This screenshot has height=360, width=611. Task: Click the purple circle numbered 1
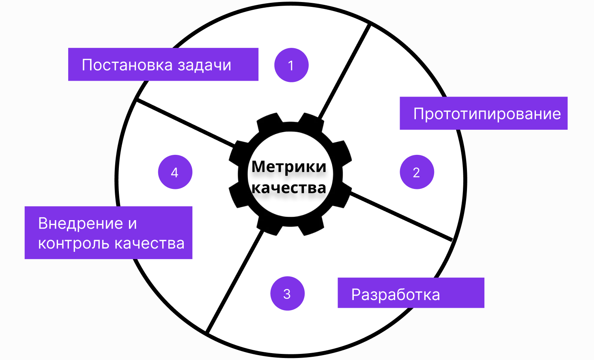tap(291, 65)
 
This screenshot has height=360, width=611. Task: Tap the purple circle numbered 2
tap(417, 172)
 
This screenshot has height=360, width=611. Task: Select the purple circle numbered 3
tap(287, 294)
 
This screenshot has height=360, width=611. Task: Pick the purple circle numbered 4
tap(175, 172)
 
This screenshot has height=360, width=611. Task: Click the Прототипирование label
tap(487, 114)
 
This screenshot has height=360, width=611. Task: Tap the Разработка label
tap(396, 294)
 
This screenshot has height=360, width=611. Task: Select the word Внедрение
tap(80, 223)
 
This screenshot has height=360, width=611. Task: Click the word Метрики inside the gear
tap(289, 167)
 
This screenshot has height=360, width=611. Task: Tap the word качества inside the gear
tap(289, 188)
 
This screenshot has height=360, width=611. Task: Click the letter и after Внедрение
tap(133, 223)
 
